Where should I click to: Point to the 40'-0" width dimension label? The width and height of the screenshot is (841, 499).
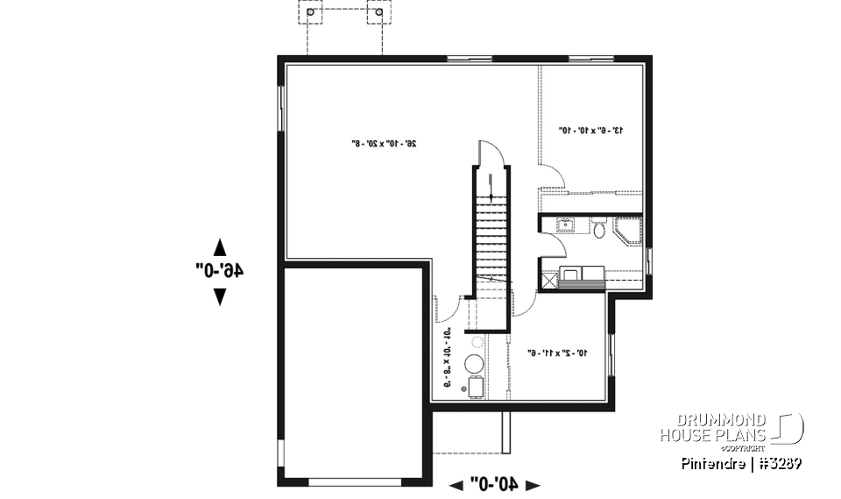click(x=495, y=483)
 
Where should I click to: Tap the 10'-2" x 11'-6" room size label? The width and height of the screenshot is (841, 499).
click(x=555, y=353)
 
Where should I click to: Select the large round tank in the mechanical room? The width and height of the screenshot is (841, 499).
click(x=474, y=364)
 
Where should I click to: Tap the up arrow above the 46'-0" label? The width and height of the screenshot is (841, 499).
click(x=219, y=246)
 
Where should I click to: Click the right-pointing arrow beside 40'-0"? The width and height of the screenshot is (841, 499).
click(x=532, y=484)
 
